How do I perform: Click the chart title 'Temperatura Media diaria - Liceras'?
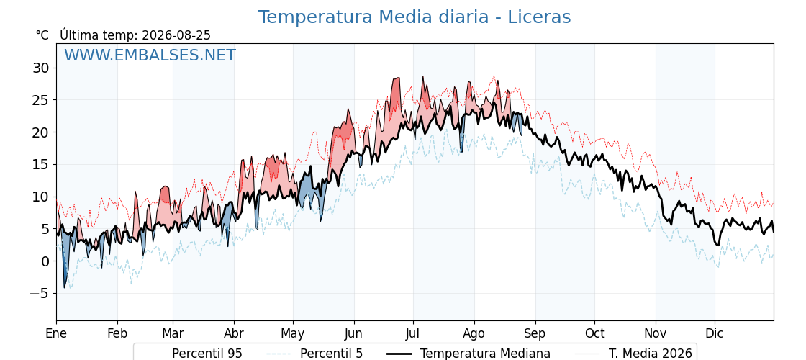click(415, 17)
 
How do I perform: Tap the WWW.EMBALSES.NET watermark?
click(150, 55)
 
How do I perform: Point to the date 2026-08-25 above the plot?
click(176, 35)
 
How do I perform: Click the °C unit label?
click(42, 35)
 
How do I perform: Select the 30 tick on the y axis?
click(42, 68)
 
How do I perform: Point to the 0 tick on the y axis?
click(45, 261)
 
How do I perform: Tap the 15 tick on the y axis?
click(42, 165)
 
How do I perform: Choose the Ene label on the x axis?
click(56, 333)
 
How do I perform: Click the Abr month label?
click(234, 333)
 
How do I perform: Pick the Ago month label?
click(474, 333)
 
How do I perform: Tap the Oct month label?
click(594, 333)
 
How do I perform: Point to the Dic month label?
click(715, 333)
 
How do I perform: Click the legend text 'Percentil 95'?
click(207, 354)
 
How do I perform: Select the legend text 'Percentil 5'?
click(332, 354)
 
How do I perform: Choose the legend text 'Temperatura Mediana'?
click(485, 354)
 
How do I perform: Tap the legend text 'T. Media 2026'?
click(651, 354)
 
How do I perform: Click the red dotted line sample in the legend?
click(150, 354)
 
